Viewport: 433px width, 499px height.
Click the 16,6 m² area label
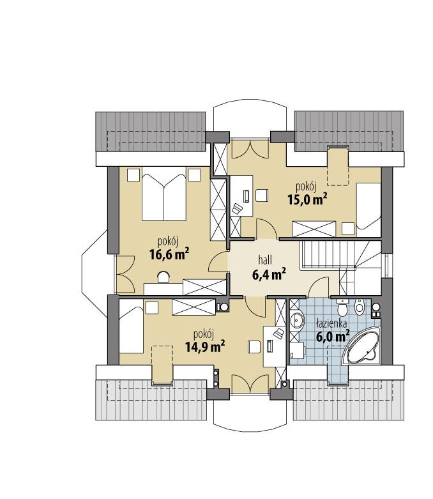click(x=169, y=255)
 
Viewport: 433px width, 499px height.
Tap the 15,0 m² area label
click(x=307, y=199)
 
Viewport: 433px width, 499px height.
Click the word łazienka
click(x=331, y=323)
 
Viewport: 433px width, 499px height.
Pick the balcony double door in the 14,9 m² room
click(x=250, y=385)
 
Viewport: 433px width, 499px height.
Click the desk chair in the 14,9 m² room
click(x=254, y=346)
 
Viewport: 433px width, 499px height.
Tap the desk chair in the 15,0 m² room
click(x=260, y=195)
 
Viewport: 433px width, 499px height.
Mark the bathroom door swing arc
click(x=319, y=288)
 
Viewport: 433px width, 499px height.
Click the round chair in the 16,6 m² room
click(x=163, y=276)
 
